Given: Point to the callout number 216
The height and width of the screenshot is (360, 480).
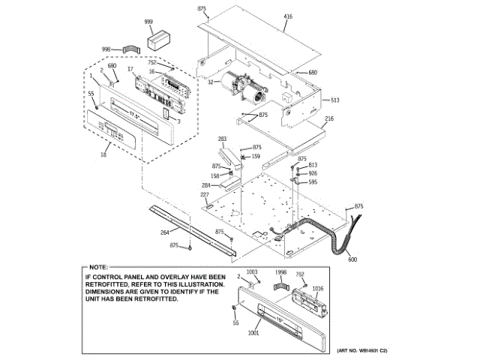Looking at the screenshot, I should [328, 119].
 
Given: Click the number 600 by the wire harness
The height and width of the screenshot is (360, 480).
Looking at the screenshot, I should [353, 259].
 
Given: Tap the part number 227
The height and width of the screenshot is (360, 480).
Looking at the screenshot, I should [204, 195].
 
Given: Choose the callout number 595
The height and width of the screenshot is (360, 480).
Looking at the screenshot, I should [313, 182].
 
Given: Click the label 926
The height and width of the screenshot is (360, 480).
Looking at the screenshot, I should [313, 173].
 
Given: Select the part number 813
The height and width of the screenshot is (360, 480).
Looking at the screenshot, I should [313, 164].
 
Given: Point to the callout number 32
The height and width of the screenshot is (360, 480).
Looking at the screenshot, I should [211, 82].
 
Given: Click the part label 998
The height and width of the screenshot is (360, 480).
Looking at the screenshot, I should [106, 49].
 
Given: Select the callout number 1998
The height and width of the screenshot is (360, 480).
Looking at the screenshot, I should [281, 272].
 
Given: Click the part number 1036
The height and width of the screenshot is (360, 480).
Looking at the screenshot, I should [317, 288].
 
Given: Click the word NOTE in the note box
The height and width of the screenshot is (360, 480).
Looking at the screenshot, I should [99, 267].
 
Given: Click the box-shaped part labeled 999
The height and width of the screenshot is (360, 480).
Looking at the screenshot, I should [159, 40].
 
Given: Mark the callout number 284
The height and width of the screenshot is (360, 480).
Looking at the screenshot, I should [206, 185].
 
